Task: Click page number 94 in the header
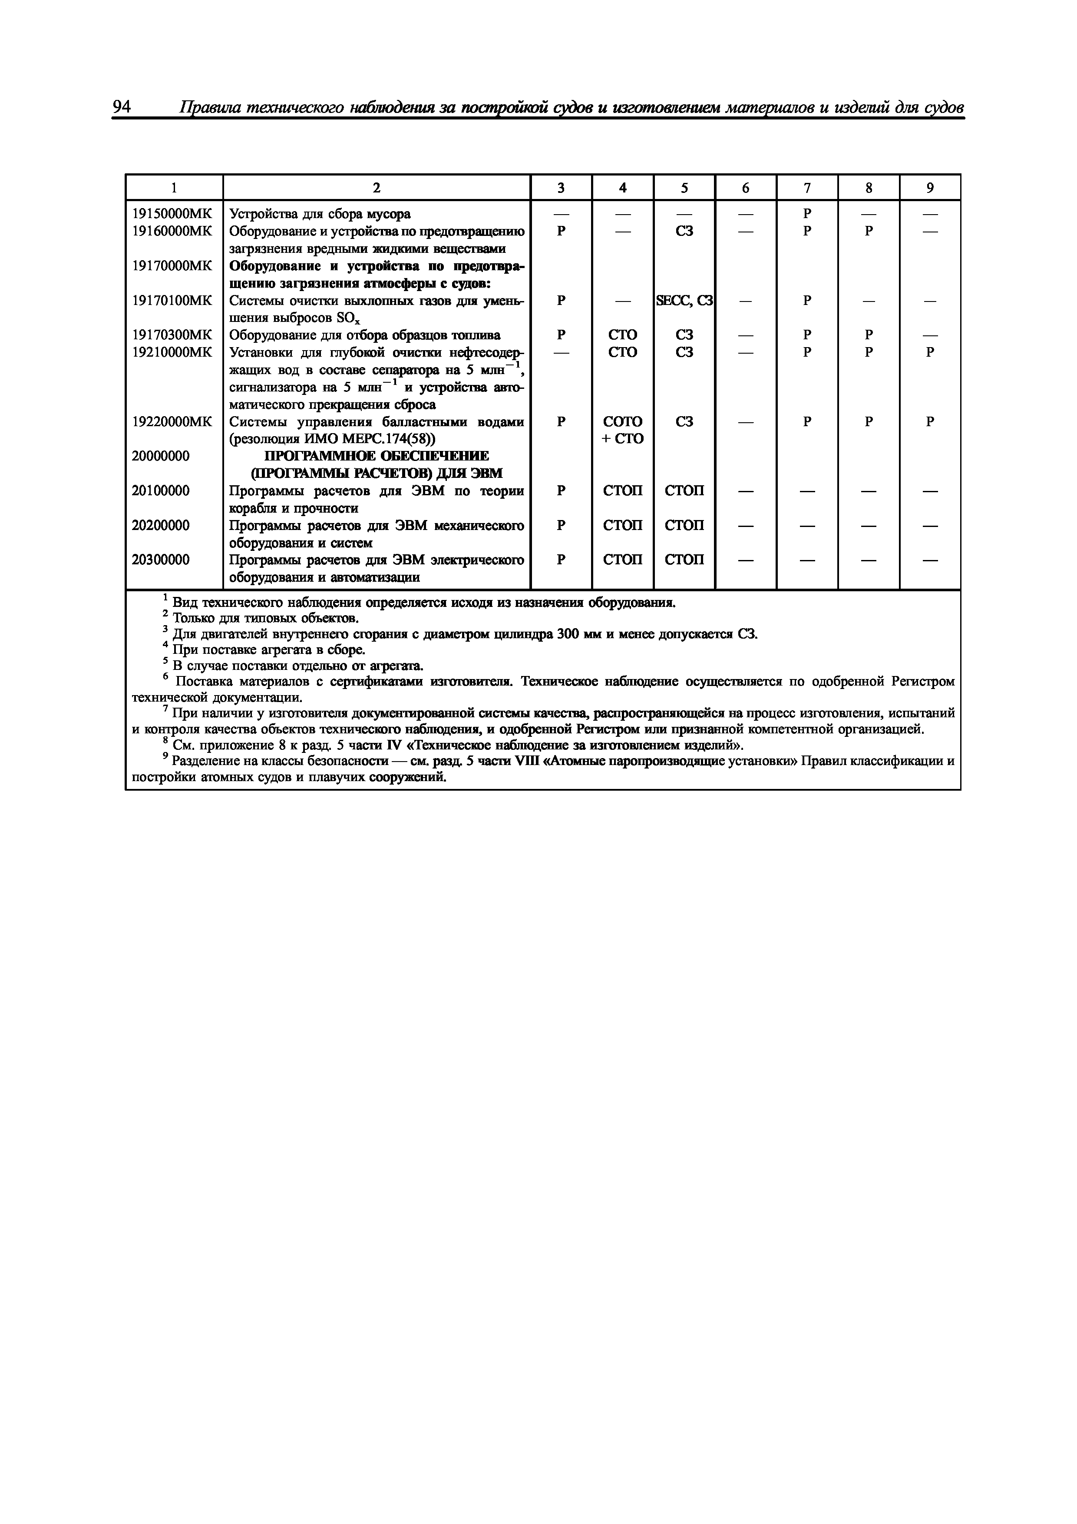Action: pos(122,107)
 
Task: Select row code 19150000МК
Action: pos(172,214)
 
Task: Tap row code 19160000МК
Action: pos(172,231)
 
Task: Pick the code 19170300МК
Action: pos(172,335)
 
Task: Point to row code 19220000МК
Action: pos(172,421)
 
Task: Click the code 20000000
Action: pos(161,456)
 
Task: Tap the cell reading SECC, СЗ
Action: pos(684,301)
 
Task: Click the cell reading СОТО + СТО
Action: pos(622,430)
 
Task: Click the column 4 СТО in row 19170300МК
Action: pos(622,335)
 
